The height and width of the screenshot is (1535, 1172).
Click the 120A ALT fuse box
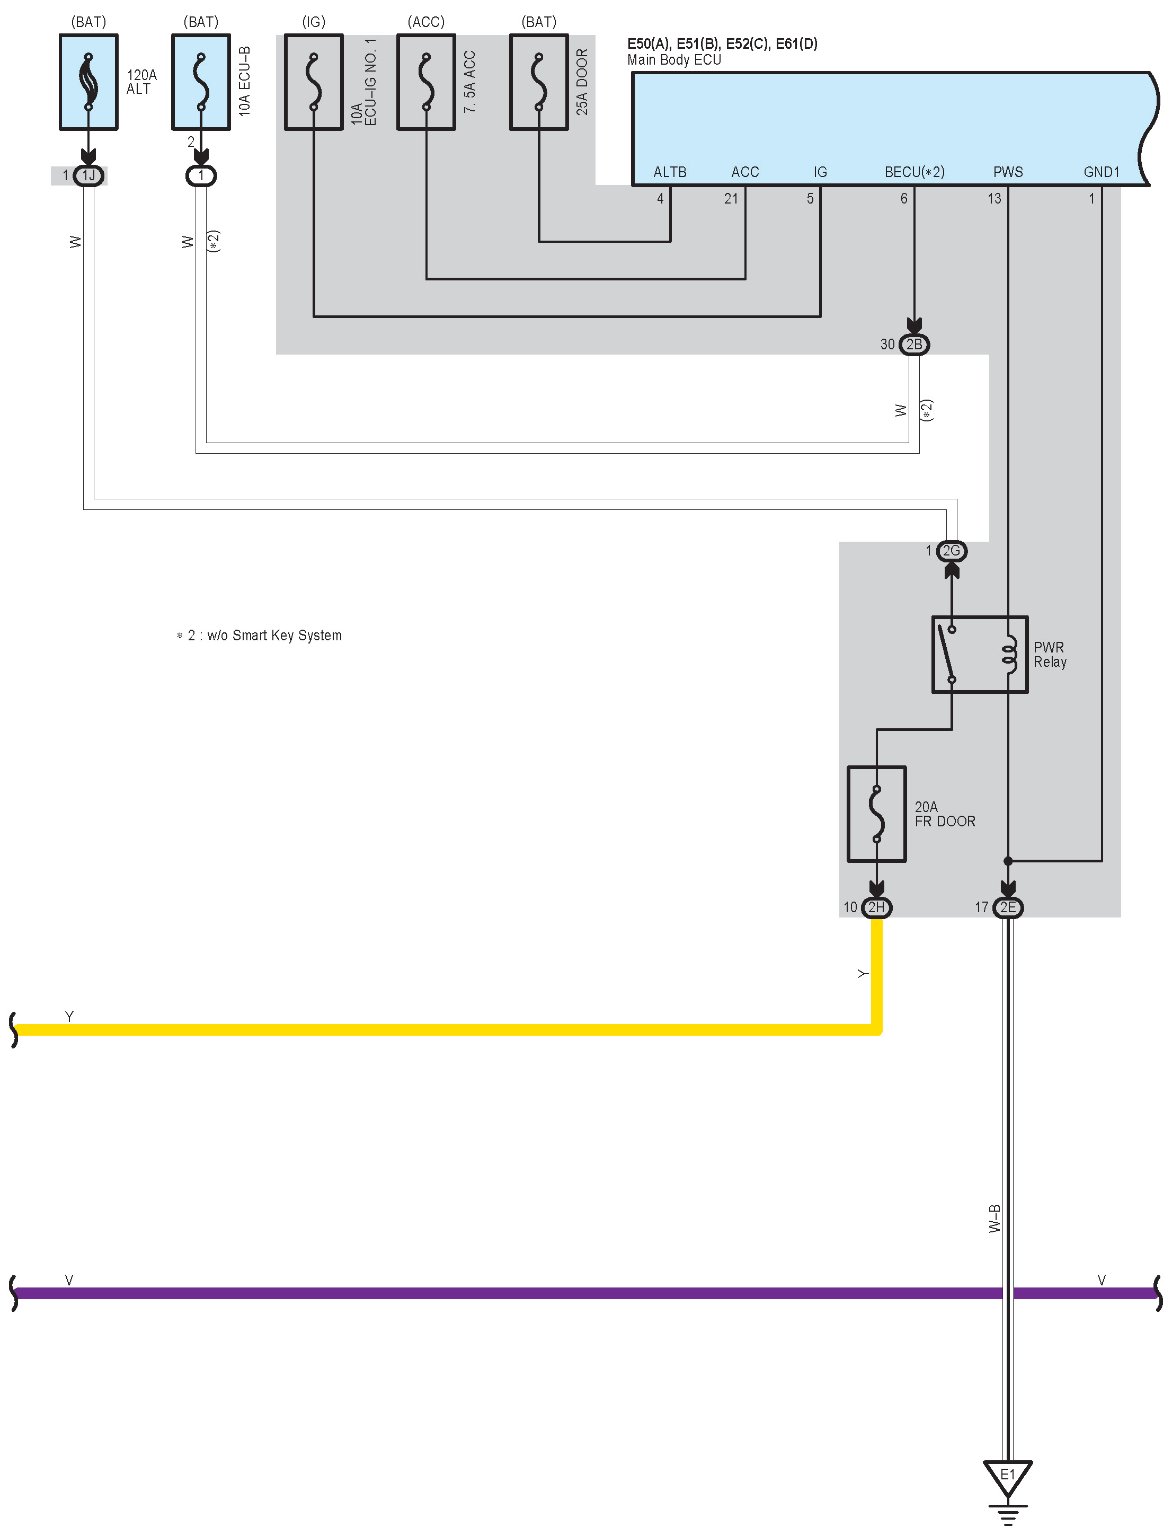click(88, 82)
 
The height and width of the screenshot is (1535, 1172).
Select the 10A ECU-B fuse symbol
click(201, 82)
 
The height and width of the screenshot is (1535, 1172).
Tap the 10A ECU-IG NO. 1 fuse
click(314, 82)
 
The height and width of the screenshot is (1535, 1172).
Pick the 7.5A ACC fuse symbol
click(426, 82)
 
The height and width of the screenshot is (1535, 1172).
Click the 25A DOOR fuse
click(538, 82)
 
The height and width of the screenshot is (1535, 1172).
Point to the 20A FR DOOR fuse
click(876, 814)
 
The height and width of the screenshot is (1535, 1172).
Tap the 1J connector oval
click(88, 175)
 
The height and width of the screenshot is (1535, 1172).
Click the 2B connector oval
click(914, 345)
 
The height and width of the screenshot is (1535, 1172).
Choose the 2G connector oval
click(952, 551)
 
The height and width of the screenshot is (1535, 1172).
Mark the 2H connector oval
click(876, 907)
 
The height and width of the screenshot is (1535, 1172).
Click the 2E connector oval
click(1007, 907)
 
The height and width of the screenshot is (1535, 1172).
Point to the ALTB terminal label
click(670, 172)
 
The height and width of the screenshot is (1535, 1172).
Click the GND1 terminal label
click(1101, 172)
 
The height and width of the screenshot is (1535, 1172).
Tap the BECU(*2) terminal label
click(914, 172)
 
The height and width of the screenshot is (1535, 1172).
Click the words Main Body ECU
click(674, 60)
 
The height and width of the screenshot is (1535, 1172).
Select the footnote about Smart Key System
click(260, 636)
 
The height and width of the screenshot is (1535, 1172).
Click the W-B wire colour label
click(995, 1218)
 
